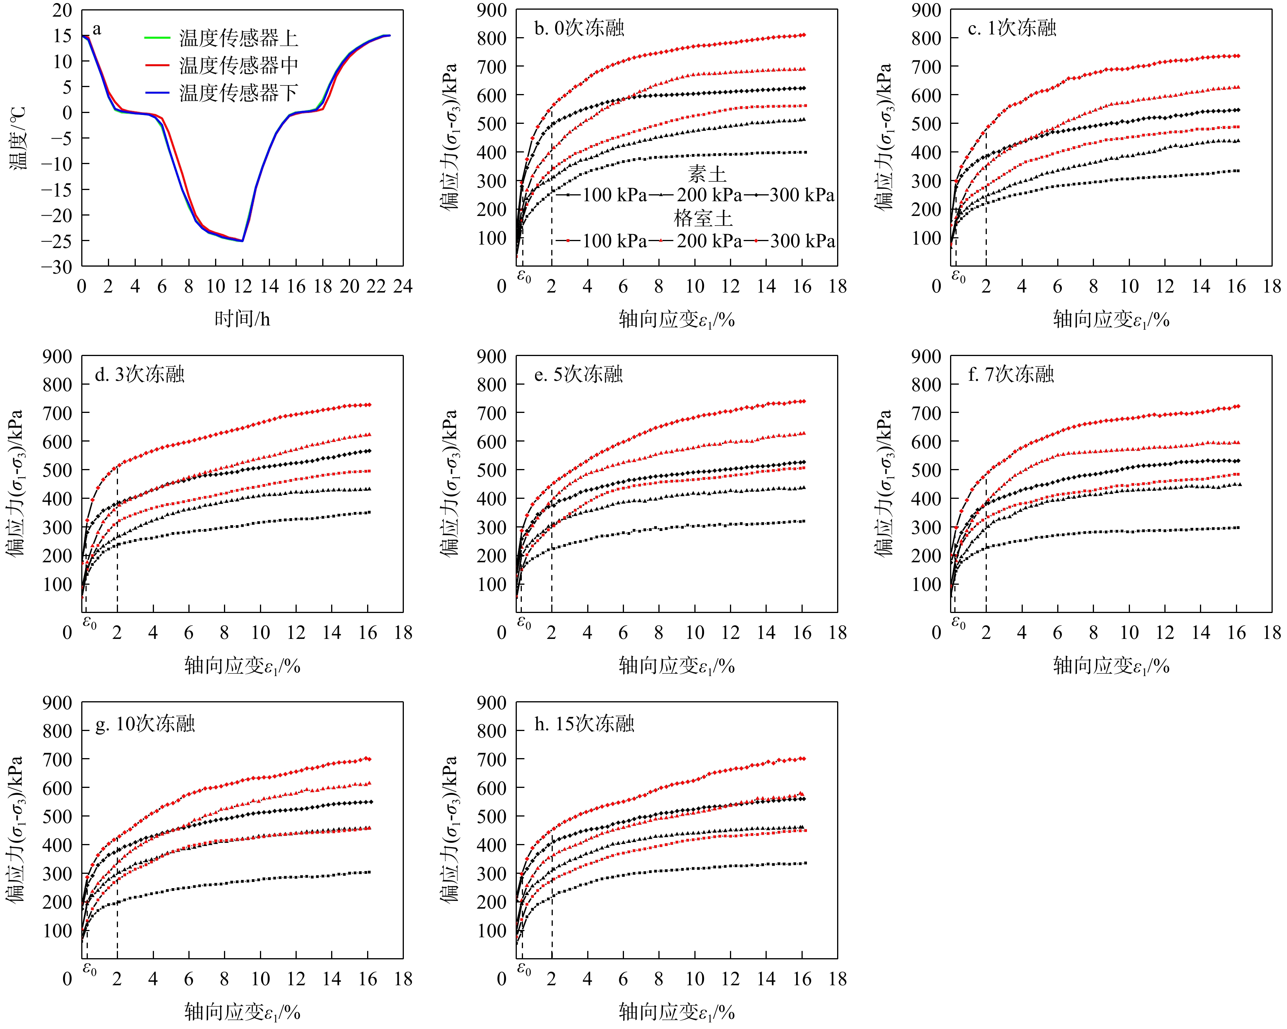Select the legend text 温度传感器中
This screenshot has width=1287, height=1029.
point(238,65)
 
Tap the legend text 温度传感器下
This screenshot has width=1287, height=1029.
point(238,92)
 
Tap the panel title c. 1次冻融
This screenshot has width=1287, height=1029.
point(1012,28)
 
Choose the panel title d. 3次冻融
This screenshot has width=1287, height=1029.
point(140,375)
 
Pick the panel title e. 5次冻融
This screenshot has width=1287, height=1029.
point(578,375)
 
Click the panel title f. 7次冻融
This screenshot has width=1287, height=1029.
point(1011,375)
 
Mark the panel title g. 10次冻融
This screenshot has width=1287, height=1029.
point(145,724)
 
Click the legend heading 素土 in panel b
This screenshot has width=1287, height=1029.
point(707,175)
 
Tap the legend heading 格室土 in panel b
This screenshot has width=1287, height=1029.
point(703,218)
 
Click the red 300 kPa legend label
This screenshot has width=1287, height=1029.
point(802,241)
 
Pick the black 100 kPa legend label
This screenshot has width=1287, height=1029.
point(614,195)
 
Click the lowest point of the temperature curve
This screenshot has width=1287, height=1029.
point(243,241)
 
